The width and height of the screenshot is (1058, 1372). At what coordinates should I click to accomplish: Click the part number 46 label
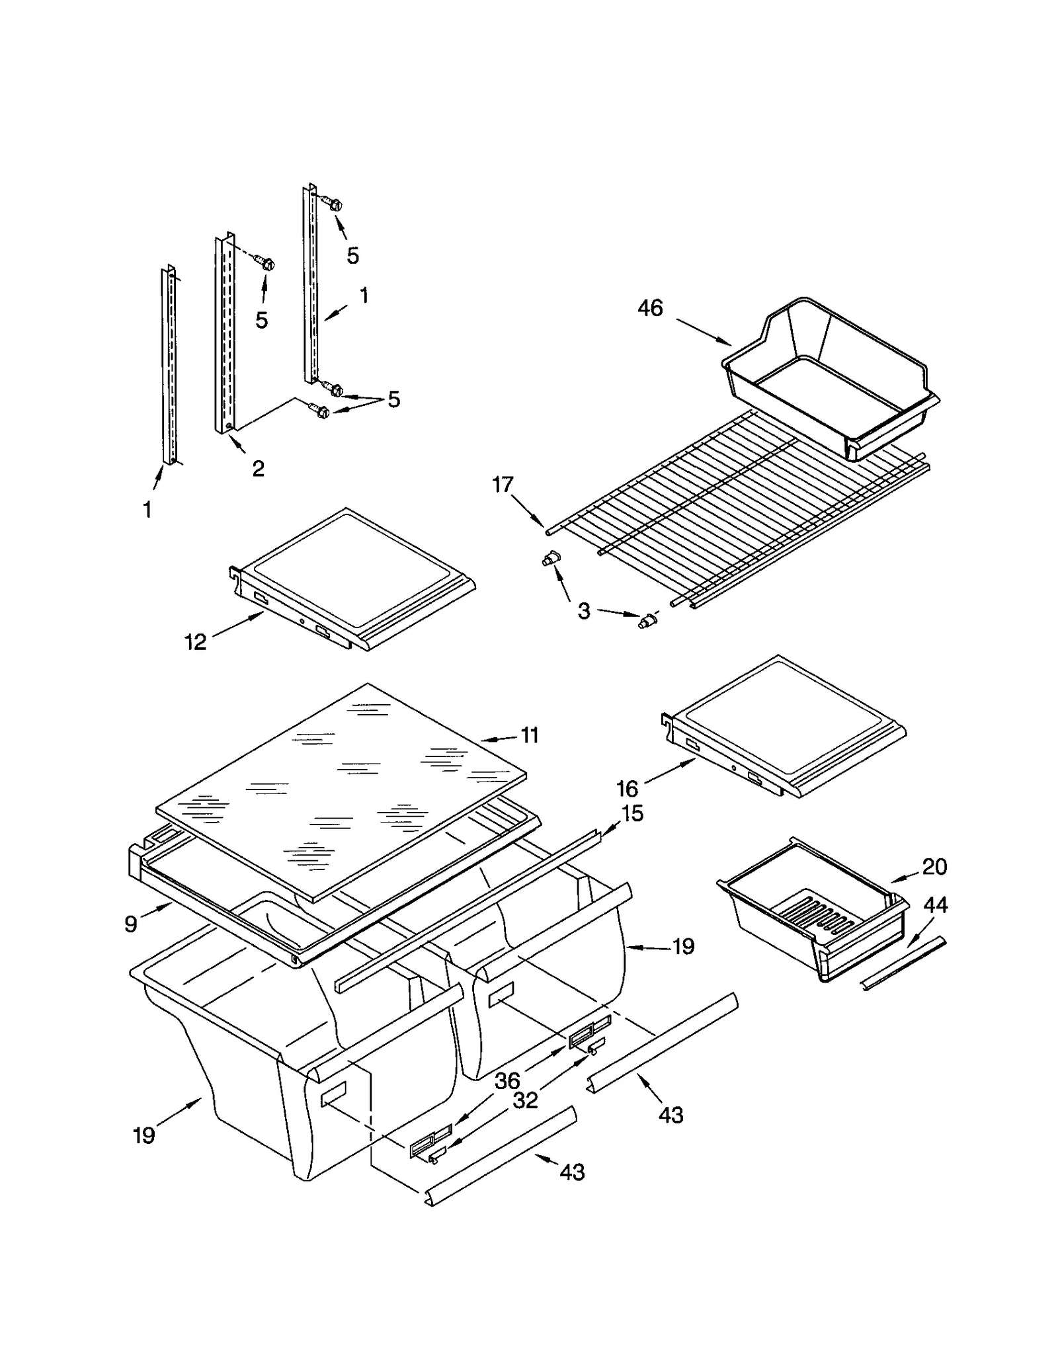pyautogui.click(x=649, y=308)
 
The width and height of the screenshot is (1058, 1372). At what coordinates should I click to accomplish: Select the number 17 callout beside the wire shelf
pyautogui.click(x=503, y=485)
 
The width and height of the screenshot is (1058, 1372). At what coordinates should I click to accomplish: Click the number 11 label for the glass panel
pyautogui.click(x=530, y=735)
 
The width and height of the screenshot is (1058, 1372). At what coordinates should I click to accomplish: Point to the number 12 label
pyautogui.click(x=195, y=641)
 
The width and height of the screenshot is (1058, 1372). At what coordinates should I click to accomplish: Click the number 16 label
pyautogui.click(x=627, y=788)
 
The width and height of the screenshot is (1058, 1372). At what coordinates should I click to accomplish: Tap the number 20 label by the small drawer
pyautogui.click(x=934, y=866)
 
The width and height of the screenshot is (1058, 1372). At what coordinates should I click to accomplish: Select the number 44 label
pyautogui.click(x=934, y=905)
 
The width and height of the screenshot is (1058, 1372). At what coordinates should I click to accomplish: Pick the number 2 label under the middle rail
pyautogui.click(x=258, y=468)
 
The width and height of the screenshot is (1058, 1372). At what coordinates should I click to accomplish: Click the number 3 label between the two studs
pyautogui.click(x=583, y=611)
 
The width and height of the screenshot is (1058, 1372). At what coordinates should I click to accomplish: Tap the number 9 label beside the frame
pyautogui.click(x=131, y=924)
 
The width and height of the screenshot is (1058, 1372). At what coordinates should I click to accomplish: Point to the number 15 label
pyautogui.click(x=632, y=813)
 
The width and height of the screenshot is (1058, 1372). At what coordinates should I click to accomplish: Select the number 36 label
pyautogui.click(x=507, y=1080)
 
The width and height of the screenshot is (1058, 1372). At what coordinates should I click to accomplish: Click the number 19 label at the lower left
pyautogui.click(x=144, y=1135)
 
